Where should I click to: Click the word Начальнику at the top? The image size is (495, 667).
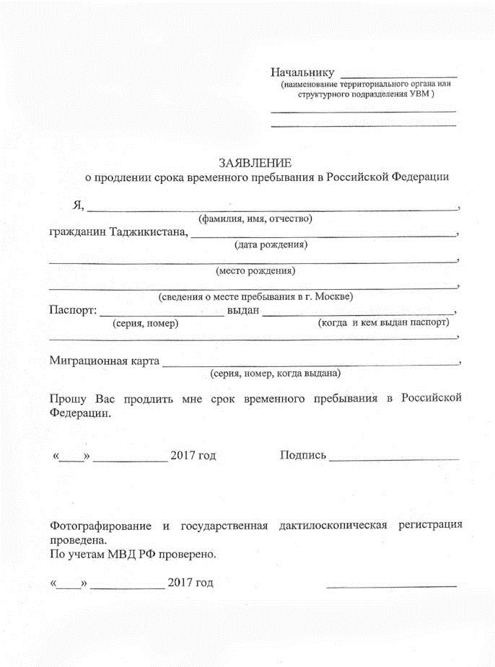tap(302, 72)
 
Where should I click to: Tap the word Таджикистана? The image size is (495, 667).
tap(146, 232)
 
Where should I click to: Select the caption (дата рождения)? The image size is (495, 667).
tap(271, 244)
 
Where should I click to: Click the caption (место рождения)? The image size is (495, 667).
tap(255, 271)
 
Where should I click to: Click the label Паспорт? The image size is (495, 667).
tap(72, 311)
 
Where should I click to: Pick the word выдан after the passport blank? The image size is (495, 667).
tap(242, 311)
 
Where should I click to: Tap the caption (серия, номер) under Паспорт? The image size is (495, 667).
tap(146, 323)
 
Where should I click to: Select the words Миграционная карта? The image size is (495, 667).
tap(104, 361)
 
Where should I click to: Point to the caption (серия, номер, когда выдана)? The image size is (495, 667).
tap(275, 374)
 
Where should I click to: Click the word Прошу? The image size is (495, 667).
tap(69, 398)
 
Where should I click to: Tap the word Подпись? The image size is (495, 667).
tap(302, 456)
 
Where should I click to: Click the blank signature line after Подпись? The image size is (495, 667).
tap(393, 459)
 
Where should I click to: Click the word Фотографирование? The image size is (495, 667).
tap(100, 526)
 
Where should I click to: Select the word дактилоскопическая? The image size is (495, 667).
tap(333, 526)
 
